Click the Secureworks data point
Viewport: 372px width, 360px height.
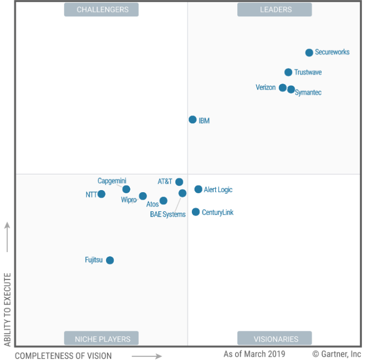point(309,52)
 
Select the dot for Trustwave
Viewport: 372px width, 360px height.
point(288,73)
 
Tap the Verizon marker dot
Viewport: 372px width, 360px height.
point(282,88)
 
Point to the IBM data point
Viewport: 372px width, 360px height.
point(192,120)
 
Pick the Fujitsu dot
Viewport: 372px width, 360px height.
point(110,260)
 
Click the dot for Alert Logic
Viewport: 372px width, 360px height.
point(198,189)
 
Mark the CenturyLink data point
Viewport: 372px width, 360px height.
point(196,212)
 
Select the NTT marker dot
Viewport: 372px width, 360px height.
point(101,194)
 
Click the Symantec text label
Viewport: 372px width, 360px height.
point(308,93)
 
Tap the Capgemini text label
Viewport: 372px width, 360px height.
point(112,181)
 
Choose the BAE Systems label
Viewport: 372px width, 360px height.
point(168,214)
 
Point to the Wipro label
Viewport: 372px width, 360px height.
point(129,200)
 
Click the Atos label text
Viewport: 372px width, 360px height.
point(153,204)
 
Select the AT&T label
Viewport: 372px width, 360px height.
point(165,182)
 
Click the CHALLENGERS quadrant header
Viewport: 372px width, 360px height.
point(101,10)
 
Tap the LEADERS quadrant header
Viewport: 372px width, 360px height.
point(274,10)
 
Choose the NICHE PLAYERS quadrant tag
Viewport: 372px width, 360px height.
point(101,338)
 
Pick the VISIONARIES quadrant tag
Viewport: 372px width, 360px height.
point(274,338)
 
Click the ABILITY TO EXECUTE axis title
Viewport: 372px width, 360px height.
point(7,310)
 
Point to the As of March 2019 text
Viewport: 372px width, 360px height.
point(254,354)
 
